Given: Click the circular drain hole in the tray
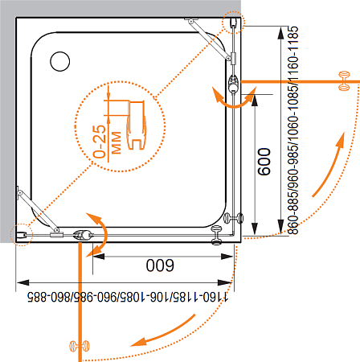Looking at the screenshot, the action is coord(60,61).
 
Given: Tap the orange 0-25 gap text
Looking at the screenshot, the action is coord(100,142).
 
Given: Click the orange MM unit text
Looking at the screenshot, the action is coord(117,142).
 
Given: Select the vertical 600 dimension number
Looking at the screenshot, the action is coord(264,162).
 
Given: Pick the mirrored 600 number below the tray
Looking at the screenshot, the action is coord(160,265).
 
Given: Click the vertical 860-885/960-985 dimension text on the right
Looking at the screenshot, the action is coord(293,130).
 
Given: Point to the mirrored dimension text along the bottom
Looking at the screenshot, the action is coord(128,297).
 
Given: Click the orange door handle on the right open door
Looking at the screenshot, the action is coord(344,80).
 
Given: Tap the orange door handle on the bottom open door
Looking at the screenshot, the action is coord(80,346).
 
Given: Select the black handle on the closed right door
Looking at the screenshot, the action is coord(234,218).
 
